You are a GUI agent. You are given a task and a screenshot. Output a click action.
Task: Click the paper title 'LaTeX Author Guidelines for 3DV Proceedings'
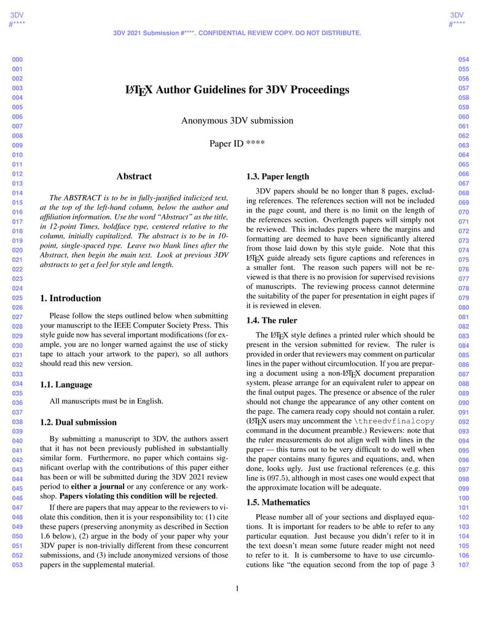(x=237, y=90)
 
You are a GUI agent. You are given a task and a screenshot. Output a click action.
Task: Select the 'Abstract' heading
(x=134, y=176)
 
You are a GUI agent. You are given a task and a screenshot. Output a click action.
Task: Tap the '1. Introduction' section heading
(x=70, y=298)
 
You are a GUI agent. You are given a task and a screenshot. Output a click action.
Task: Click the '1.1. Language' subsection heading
(x=66, y=385)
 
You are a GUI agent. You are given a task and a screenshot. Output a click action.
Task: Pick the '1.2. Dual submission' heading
(x=78, y=422)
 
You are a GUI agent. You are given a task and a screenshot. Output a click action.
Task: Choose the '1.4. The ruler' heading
(x=272, y=320)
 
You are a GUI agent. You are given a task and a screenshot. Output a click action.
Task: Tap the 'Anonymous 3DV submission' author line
(x=237, y=120)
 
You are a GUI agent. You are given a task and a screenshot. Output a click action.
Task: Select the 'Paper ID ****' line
(x=237, y=144)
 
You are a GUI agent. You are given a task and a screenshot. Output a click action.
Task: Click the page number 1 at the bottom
(x=237, y=589)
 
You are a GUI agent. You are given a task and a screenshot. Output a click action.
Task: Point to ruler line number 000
(x=17, y=60)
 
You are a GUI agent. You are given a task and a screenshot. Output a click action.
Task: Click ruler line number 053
(x=17, y=565)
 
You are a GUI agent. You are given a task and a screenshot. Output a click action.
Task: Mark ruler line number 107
(x=464, y=565)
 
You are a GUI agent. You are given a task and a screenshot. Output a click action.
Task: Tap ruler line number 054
(x=464, y=60)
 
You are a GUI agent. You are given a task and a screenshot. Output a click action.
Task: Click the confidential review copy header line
(x=237, y=33)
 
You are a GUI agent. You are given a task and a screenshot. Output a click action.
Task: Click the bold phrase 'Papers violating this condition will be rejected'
(x=138, y=496)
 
